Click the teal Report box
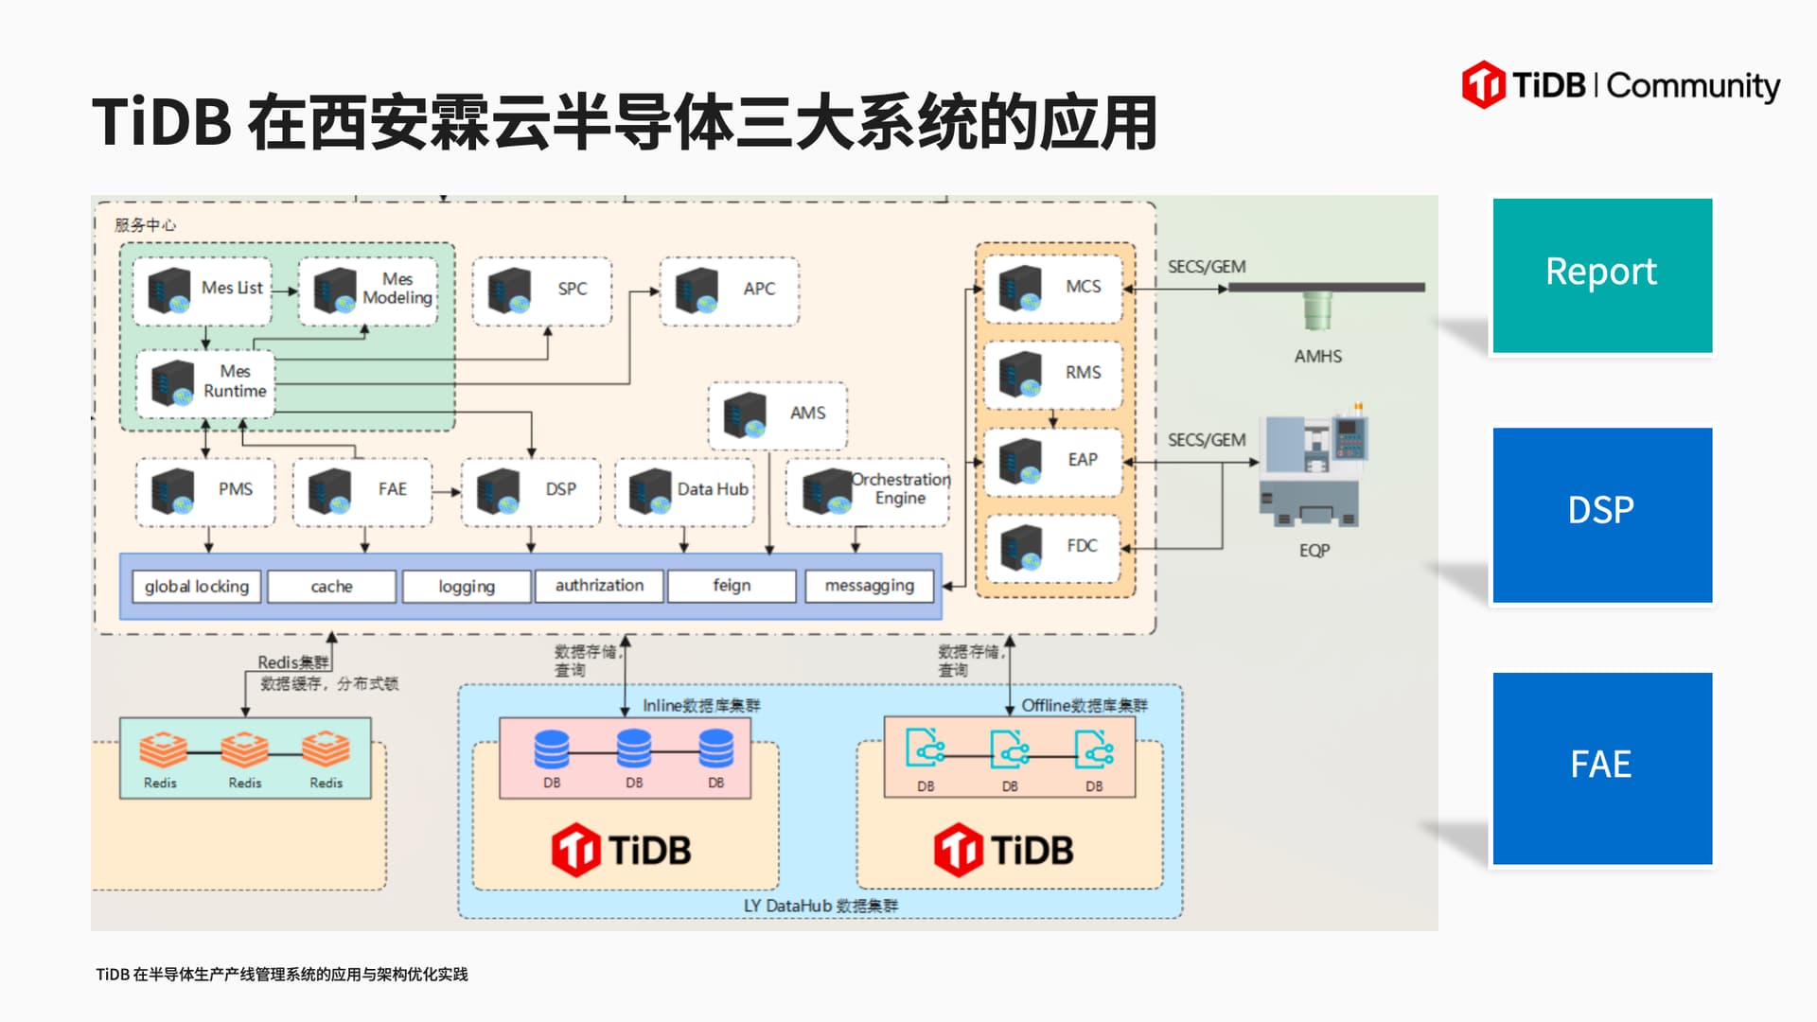1601,274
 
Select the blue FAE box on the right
1601,767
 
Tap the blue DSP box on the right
1601,514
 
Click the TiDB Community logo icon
1483,85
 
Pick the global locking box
197,587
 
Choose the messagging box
869,586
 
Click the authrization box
599,586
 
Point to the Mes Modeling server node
368,291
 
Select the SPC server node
541,291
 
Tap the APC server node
729,291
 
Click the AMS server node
777,414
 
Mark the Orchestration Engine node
867,490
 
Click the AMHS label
1317,357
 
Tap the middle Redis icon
244,749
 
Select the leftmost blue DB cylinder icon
552,749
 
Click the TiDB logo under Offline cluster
1003,850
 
